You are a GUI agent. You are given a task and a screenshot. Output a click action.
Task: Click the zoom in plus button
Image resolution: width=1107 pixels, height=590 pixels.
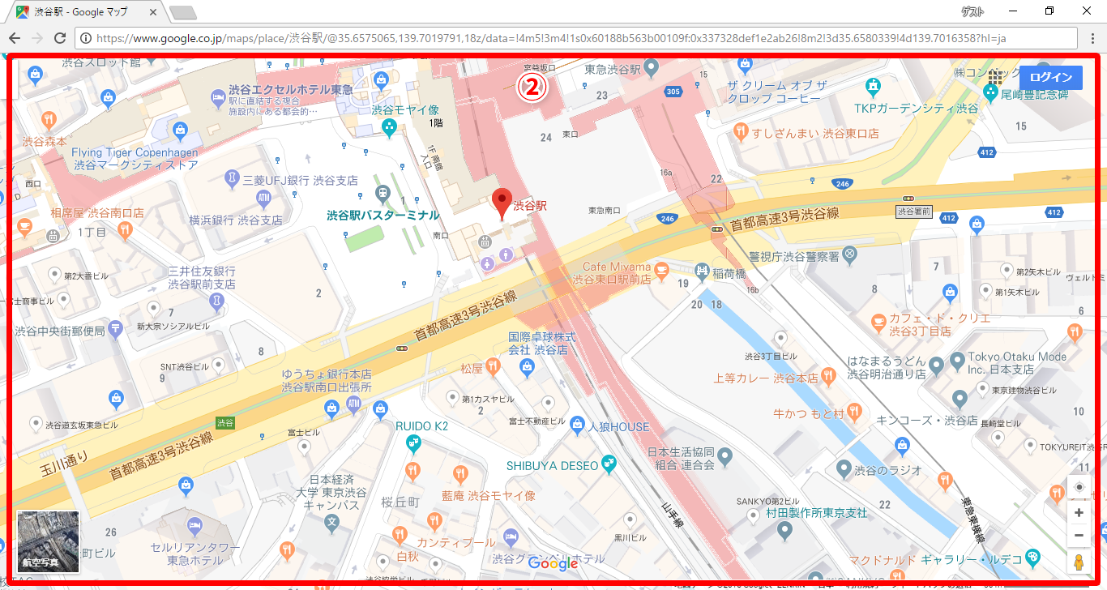click(x=1079, y=513)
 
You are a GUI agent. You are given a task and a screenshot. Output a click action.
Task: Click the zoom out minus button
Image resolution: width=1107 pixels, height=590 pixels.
click(x=1079, y=535)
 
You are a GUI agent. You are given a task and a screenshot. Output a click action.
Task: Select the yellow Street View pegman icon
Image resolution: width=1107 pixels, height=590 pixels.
click(x=1079, y=562)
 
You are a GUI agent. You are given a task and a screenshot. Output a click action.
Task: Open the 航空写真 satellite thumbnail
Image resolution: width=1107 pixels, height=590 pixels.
click(x=48, y=541)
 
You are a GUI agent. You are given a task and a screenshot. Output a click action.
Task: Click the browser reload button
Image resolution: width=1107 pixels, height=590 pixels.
click(x=59, y=38)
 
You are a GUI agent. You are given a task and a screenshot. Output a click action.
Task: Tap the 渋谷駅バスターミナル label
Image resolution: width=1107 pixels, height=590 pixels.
click(x=383, y=216)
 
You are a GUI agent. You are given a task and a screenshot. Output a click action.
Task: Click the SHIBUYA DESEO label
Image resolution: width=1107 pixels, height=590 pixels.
click(x=552, y=465)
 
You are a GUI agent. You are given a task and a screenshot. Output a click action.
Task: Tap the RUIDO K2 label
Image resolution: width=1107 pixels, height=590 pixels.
click(x=421, y=426)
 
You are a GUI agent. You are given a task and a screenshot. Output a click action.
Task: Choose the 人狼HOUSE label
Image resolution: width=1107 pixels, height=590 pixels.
click(x=618, y=426)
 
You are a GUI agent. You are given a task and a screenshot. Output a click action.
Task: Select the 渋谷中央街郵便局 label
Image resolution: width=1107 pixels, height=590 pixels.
click(x=60, y=331)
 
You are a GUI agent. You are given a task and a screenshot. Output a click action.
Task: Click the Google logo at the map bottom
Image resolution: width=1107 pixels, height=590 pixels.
click(x=553, y=563)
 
